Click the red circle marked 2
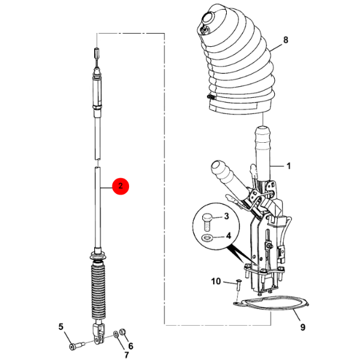pos(121,186)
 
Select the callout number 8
pos(286,41)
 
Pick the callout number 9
pos(302,328)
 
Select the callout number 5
pos(61,327)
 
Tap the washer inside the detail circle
pos(207,238)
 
